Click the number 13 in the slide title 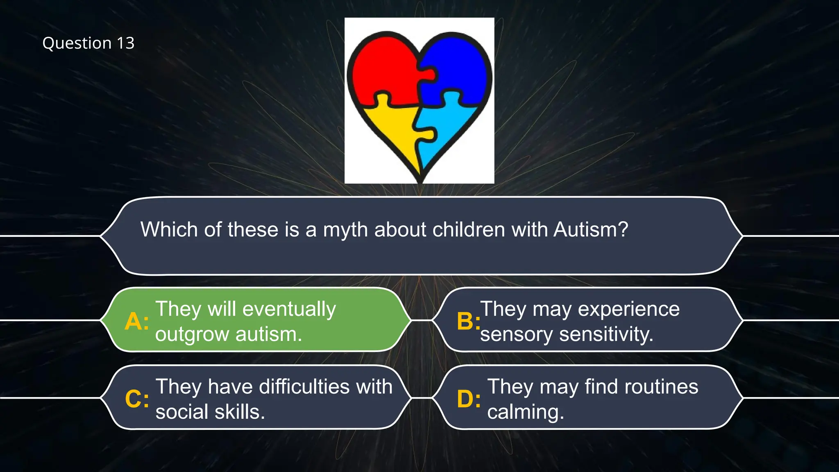click(125, 43)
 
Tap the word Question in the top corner click(77, 43)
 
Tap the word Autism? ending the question click(590, 229)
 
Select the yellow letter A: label click(136, 321)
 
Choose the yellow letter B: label click(468, 321)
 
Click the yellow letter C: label click(137, 399)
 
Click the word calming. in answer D click(525, 412)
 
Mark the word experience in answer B click(628, 309)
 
